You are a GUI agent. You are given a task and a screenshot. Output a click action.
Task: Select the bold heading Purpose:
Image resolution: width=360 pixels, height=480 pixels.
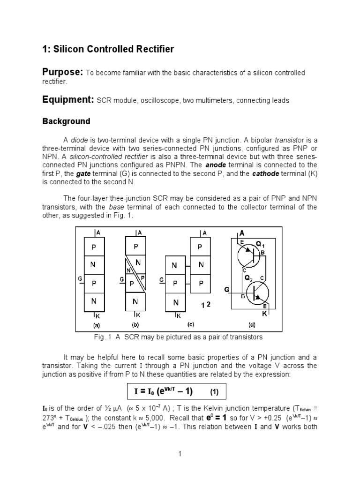[x=63, y=72]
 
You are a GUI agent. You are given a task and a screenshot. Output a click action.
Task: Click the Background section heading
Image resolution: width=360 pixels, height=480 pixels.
[x=66, y=121]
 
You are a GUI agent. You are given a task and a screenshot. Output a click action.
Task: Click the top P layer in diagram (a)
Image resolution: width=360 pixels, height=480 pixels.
[x=94, y=246]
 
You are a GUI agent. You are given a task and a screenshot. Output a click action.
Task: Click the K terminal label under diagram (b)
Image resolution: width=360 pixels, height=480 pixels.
[x=138, y=315]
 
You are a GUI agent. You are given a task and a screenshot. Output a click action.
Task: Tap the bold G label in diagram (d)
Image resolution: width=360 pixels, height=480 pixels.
[x=227, y=290]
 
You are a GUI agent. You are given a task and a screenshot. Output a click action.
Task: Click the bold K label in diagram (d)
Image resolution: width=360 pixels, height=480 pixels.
[x=264, y=314]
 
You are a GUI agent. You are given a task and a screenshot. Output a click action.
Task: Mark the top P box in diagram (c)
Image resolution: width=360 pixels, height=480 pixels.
[x=201, y=247]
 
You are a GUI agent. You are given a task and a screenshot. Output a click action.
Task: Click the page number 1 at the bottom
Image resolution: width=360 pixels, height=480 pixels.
[x=180, y=453]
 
